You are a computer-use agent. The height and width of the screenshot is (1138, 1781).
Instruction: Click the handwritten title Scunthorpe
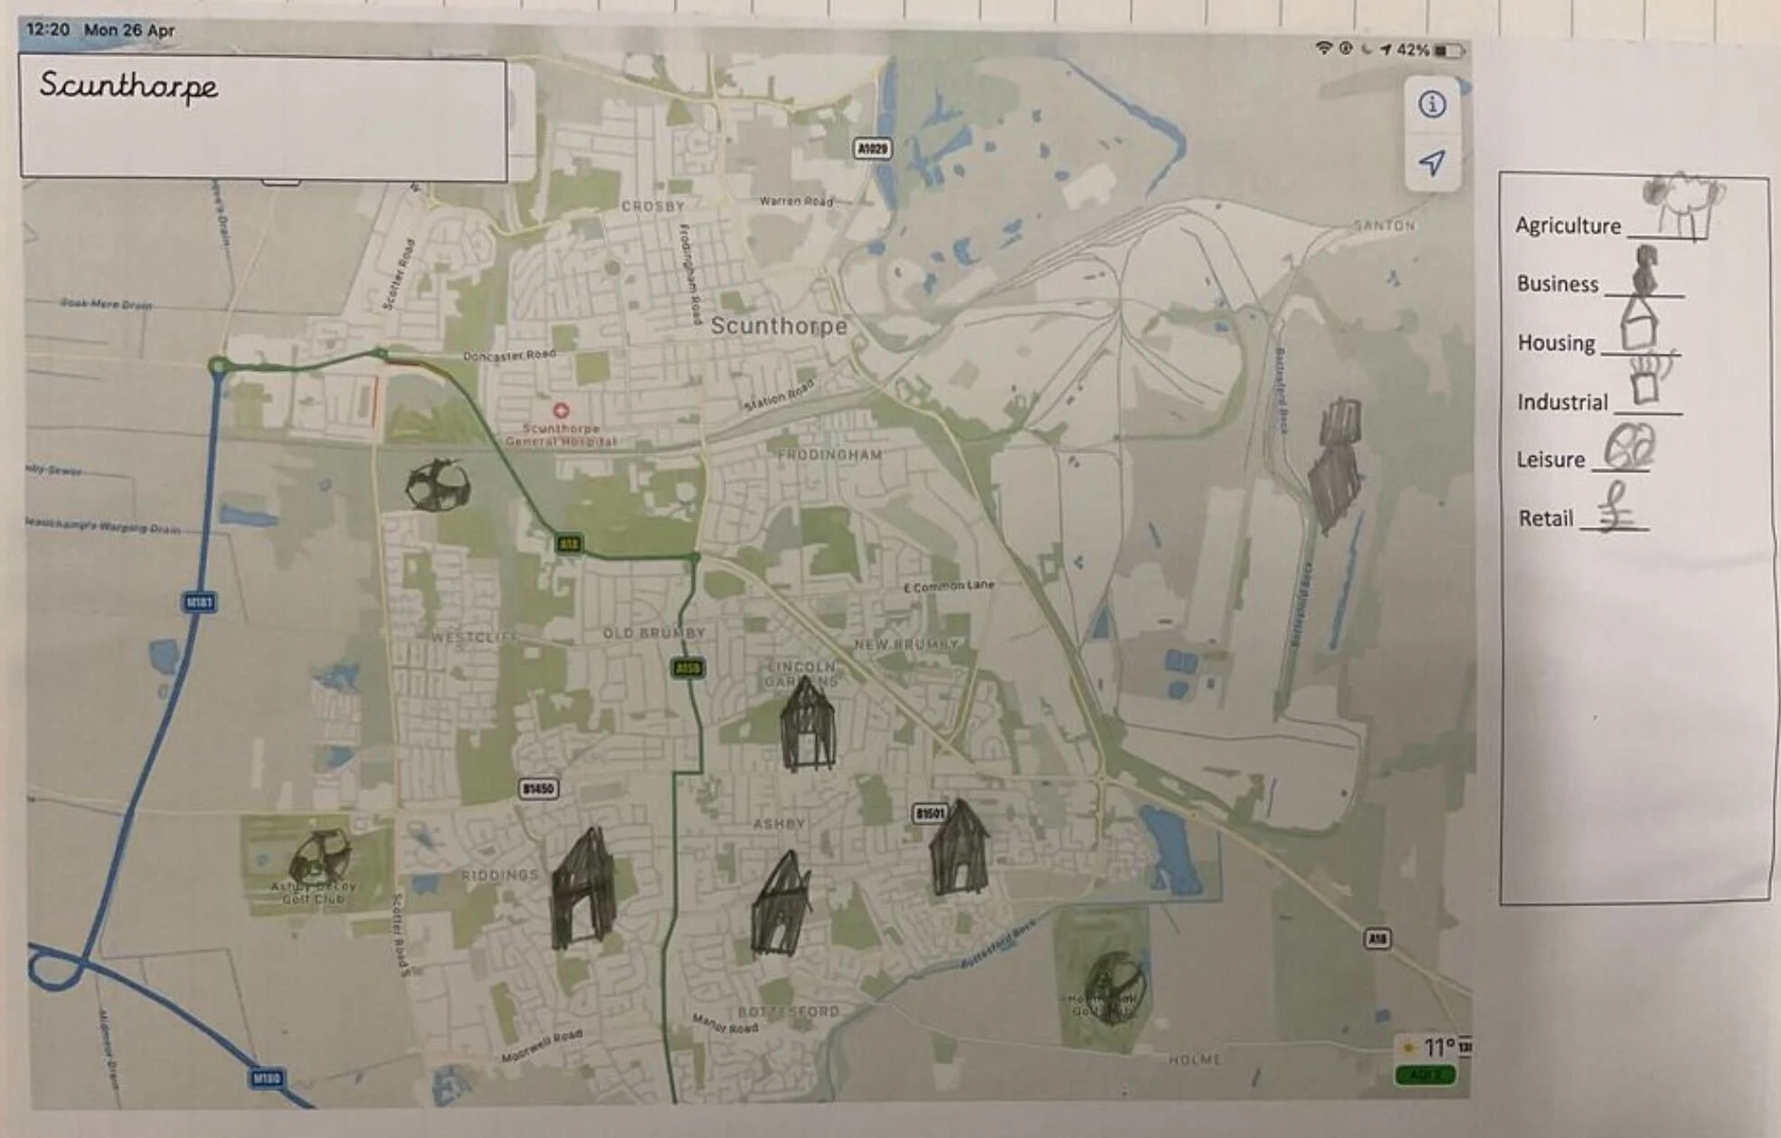tap(128, 87)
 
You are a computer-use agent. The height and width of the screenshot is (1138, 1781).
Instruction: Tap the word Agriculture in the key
tap(1568, 226)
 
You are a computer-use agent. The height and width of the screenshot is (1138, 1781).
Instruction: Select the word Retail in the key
tap(1545, 518)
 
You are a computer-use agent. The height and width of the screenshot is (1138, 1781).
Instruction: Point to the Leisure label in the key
tap(1550, 460)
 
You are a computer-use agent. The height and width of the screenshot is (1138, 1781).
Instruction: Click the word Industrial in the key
tap(1562, 402)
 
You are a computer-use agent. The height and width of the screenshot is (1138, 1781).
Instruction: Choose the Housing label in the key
tap(1556, 343)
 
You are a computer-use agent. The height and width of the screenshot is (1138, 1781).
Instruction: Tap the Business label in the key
tap(1557, 284)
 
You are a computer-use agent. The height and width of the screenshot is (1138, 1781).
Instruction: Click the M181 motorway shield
tap(199, 602)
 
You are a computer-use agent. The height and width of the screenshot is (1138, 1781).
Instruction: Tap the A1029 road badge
tap(872, 147)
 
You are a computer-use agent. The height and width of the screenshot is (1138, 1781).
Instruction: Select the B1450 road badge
tap(538, 789)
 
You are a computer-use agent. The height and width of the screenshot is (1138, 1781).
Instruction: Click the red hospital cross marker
tap(561, 411)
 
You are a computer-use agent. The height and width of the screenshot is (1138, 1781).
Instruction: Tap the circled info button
tap(1431, 105)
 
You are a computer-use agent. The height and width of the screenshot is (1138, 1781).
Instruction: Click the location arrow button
tap(1431, 163)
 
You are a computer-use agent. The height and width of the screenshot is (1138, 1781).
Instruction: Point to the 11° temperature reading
tap(1438, 1048)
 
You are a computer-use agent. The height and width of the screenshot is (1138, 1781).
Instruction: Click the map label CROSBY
tap(652, 206)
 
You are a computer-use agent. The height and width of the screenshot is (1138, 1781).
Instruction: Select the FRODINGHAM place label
tap(829, 455)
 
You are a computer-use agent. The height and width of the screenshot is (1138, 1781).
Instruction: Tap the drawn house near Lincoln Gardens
tap(807, 725)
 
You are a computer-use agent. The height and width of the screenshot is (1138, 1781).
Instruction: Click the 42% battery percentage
tap(1412, 50)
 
